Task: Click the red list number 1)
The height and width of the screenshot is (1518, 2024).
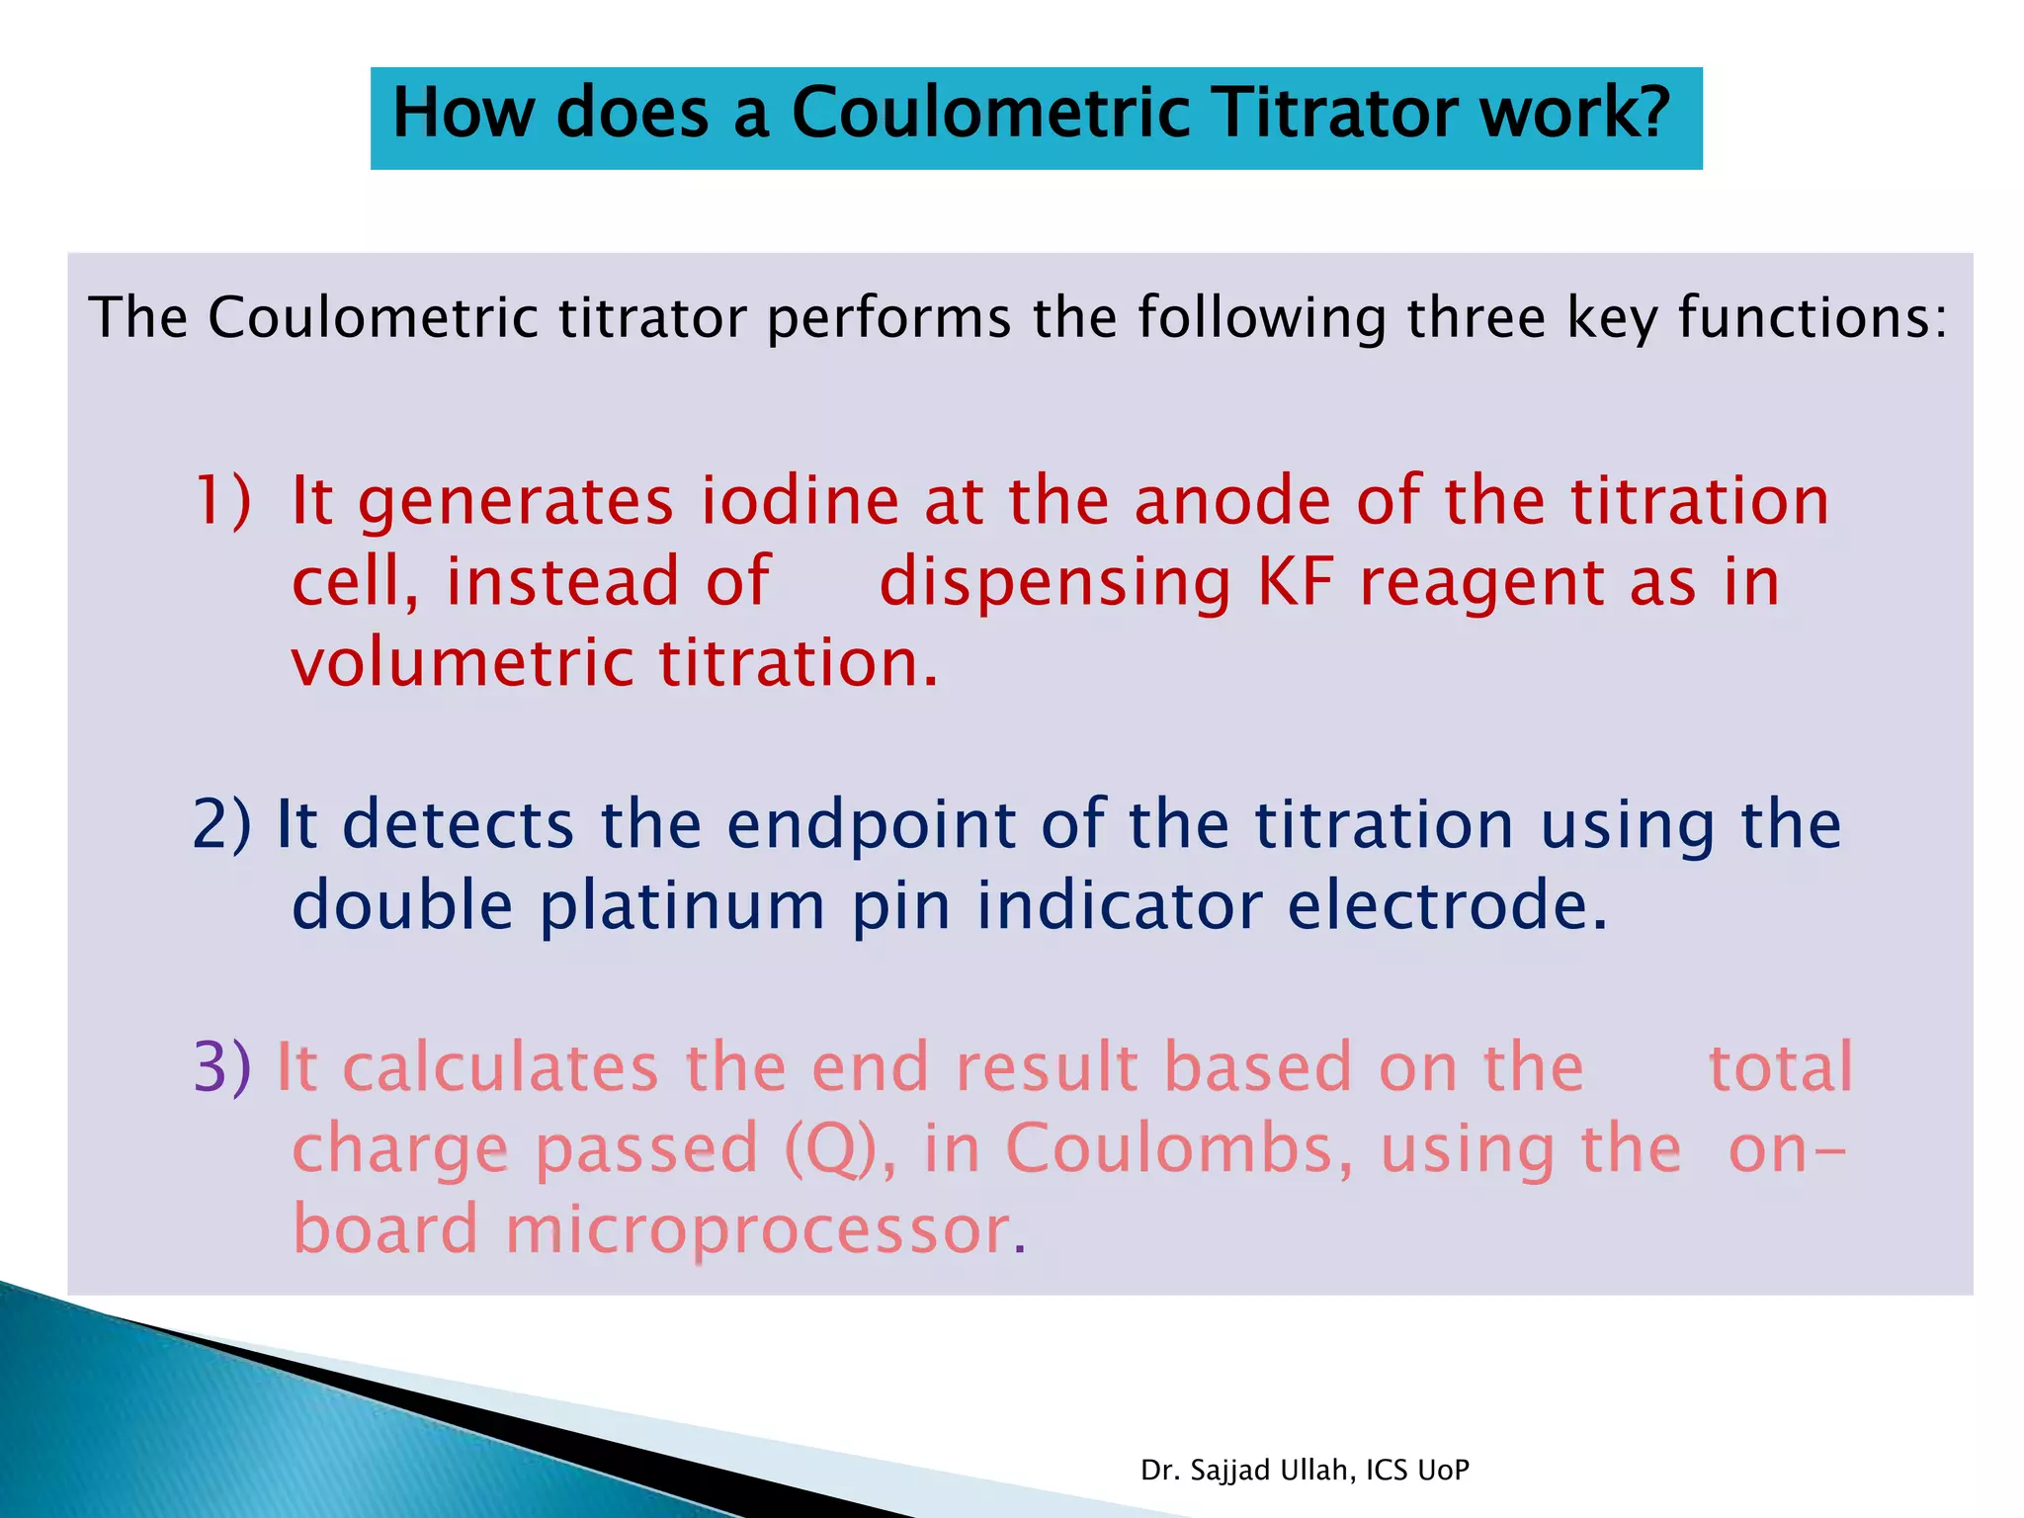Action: coord(222,500)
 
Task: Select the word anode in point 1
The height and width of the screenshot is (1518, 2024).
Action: coord(1232,500)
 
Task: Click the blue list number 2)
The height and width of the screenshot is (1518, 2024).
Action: coord(222,824)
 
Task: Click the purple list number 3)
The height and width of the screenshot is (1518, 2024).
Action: coord(222,1067)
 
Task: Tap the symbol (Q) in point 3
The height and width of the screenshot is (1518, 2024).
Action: coord(831,1149)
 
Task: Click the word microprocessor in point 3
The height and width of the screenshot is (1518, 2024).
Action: coord(758,1231)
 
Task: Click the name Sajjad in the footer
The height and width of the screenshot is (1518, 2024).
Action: coord(1230,1471)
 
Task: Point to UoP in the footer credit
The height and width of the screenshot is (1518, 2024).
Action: coord(1443,1471)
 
